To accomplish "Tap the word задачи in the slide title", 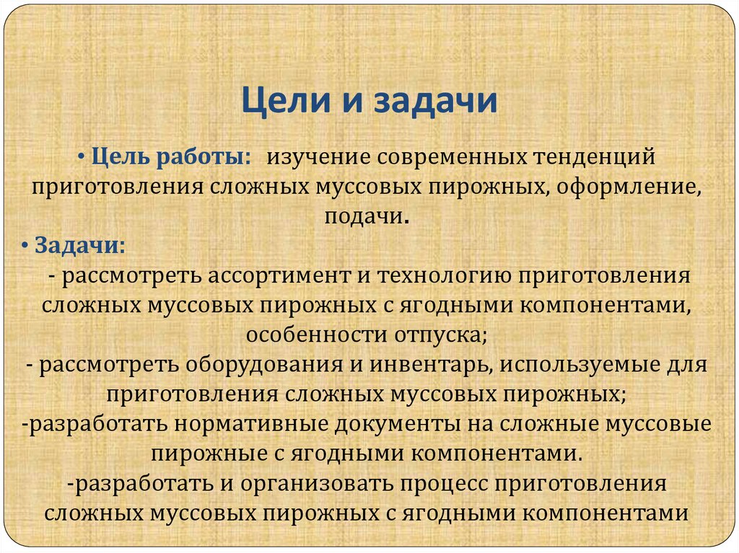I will click(x=434, y=102).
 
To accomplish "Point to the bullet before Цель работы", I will click(x=83, y=156).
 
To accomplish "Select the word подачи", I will click(x=367, y=216).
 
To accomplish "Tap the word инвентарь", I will click(x=431, y=364).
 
